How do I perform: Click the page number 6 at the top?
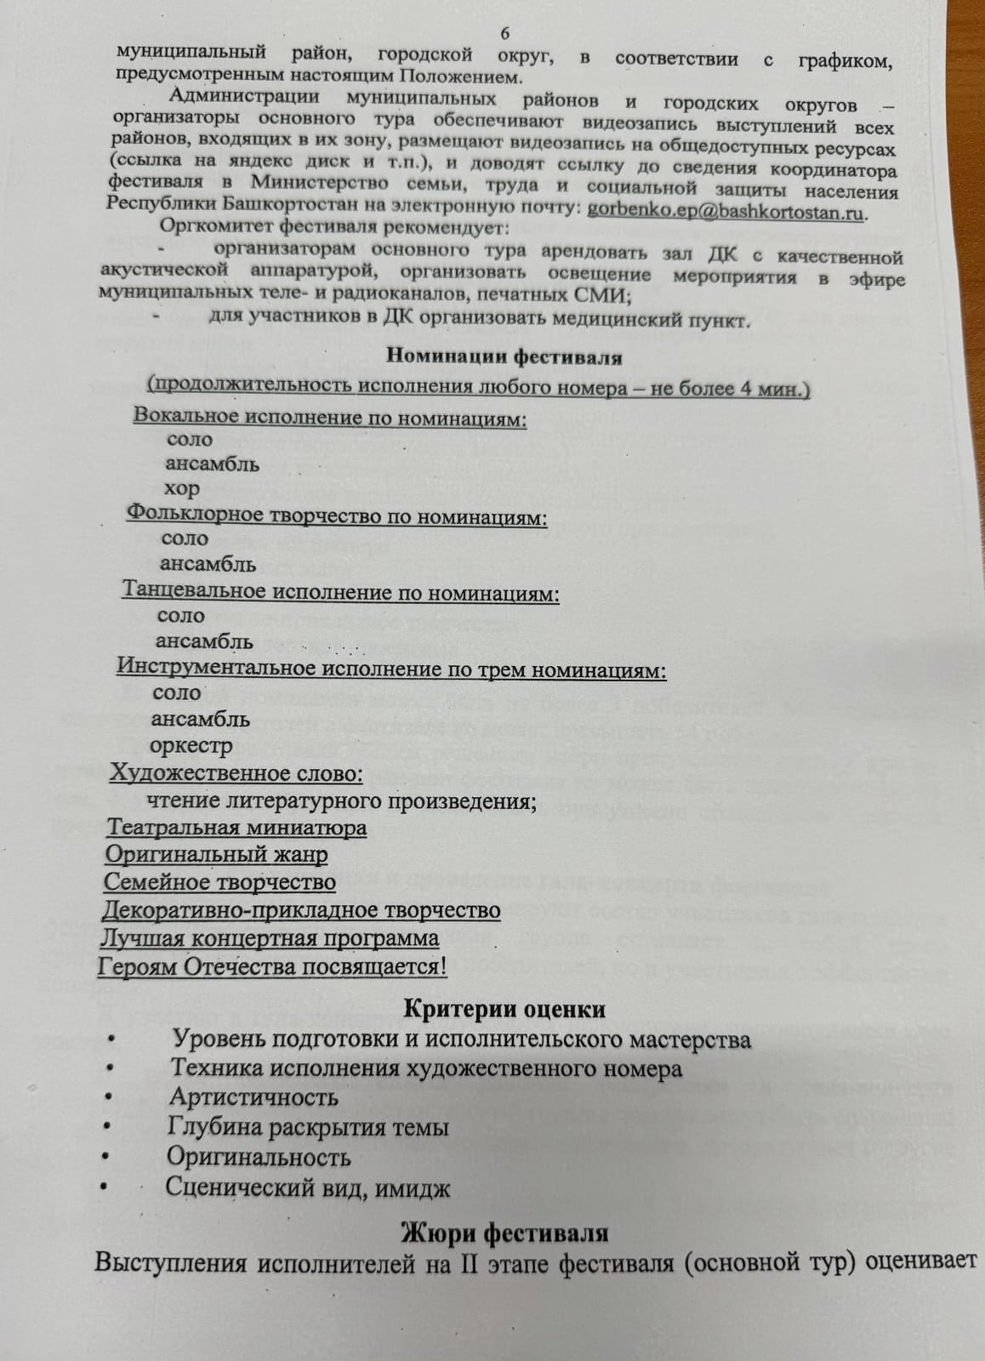click(505, 33)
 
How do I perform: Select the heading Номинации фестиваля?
click(504, 357)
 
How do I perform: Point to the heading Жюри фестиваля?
click(504, 1233)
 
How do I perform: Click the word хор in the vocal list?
click(182, 489)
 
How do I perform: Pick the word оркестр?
click(191, 747)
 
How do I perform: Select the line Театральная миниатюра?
click(236, 828)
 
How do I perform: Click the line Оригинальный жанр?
click(216, 854)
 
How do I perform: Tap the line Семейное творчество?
click(219, 882)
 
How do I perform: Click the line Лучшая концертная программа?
click(269, 938)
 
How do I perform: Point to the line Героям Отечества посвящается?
click(272, 967)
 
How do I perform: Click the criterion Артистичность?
click(253, 1097)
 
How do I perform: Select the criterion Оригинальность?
click(259, 1157)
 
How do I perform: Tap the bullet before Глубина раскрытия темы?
click(106, 1128)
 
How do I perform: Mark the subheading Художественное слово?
click(236, 774)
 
